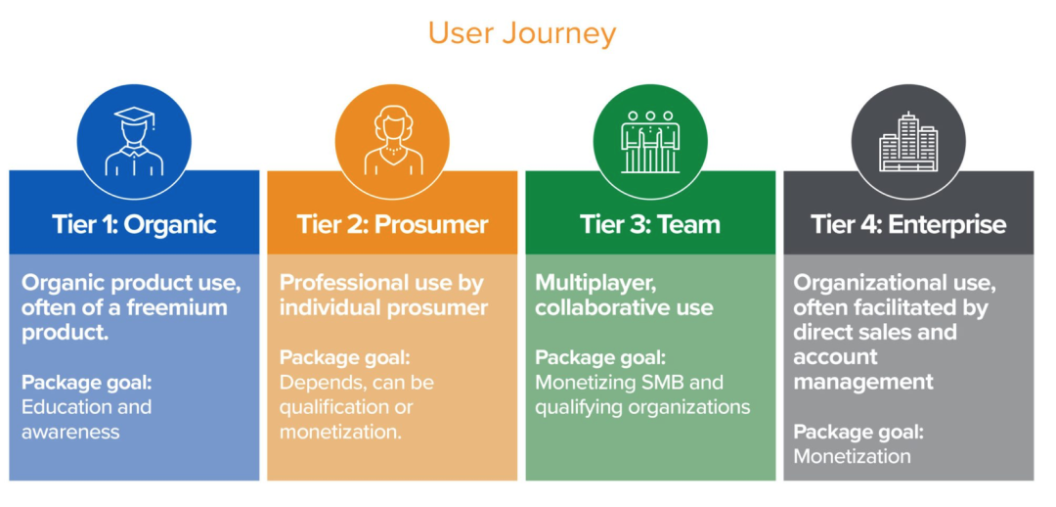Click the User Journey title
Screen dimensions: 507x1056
point(522,33)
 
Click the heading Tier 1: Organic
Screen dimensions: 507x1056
point(134,224)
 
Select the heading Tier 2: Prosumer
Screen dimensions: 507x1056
point(392,224)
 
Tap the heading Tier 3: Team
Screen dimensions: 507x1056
point(650,224)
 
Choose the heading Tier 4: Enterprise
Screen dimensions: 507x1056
point(908,224)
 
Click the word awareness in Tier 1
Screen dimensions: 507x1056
point(70,432)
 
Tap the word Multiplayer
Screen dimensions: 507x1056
point(593,283)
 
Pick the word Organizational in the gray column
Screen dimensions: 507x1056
point(860,283)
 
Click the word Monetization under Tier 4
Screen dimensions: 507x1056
point(852,456)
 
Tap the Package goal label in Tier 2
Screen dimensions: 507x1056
point(344,357)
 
